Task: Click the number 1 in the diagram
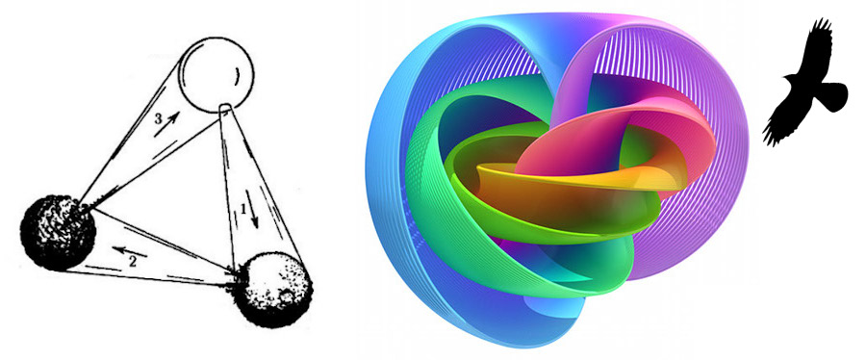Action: [x=243, y=209]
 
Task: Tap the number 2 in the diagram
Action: [x=133, y=262]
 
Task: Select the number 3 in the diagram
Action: [x=158, y=118]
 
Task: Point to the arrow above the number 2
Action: [x=130, y=252]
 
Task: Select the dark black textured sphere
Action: [x=58, y=232]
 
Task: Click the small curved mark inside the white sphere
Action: [x=238, y=77]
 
